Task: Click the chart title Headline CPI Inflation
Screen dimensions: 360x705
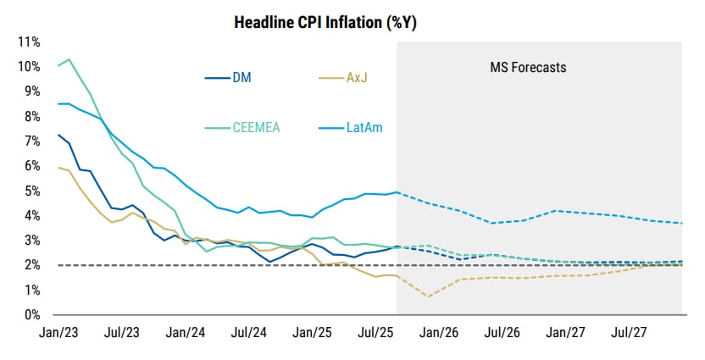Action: (325, 23)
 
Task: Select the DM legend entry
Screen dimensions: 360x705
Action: (241, 79)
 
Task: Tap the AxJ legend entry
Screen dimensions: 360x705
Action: (356, 79)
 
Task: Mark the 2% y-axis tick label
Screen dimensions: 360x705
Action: (31, 265)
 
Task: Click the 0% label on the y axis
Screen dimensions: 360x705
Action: (31, 315)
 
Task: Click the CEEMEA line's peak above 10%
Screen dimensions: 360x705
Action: (68, 59)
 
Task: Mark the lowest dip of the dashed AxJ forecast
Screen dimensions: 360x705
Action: (428, 296)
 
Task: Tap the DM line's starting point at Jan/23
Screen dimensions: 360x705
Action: (58, 135)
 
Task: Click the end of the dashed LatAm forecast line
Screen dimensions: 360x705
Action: (682, 223)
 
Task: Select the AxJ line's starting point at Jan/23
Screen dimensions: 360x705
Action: (58, 167)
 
